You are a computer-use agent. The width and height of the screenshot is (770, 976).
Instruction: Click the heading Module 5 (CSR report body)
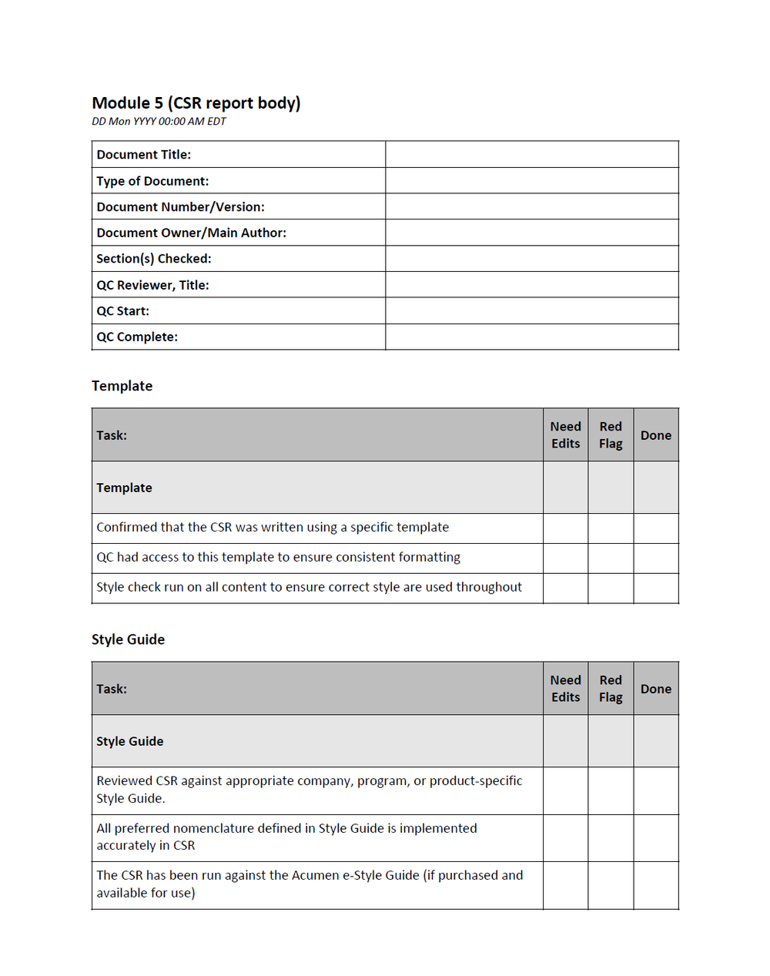pyautogui.click(x=196, y=103)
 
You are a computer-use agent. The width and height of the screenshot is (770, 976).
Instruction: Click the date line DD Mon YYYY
pyautogui.click(x=159, y=122)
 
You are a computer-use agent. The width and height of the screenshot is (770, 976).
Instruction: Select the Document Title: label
pyautogui.click(x=144, y=155)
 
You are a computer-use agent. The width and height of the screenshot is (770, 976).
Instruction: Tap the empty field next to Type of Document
pyautogui.click(x=531, y=181)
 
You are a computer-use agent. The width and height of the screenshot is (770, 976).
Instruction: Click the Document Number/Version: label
pyautogui.click(x=180, y=207)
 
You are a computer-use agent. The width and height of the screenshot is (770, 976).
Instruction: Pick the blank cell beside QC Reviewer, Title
pyautogui.click(x=531, y=285)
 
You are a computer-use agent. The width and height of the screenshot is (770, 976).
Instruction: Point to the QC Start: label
pyautogui.click(x=123, y=311)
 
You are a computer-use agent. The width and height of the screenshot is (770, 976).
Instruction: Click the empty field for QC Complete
pyautogui.click(x=531, y=337)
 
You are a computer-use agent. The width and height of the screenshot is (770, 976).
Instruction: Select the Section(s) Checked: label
pyautogui.click(x=154, y=259)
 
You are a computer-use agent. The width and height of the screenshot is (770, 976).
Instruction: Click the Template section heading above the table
pyautogui.click(x=122, y=386)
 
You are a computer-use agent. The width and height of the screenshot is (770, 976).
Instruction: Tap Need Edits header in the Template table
pyautogui.click(x=565, y=435)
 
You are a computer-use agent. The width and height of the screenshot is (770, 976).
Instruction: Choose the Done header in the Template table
pyautogui.click(x=655, y=435)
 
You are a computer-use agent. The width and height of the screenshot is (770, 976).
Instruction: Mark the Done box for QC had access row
pyautogui.click(x=655, y=558)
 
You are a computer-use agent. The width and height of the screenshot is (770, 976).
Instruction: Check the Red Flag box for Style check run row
pyautogui.click(x=611, y=588)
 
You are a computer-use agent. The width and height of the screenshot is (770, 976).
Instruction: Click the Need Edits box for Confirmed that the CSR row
pyautogui.click(x=565, y=528)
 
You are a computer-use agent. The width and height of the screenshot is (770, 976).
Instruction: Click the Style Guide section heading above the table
pyautogui.click(x=128, y=639)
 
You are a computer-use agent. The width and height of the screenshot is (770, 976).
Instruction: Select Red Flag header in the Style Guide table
pyautogui.click(x=611, y=689)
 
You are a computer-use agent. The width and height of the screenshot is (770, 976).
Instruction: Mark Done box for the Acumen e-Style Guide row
pyautogui.click(x=655, y=885)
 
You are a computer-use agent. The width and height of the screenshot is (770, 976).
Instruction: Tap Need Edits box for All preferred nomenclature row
pyautogui.click(x=565, y=838)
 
